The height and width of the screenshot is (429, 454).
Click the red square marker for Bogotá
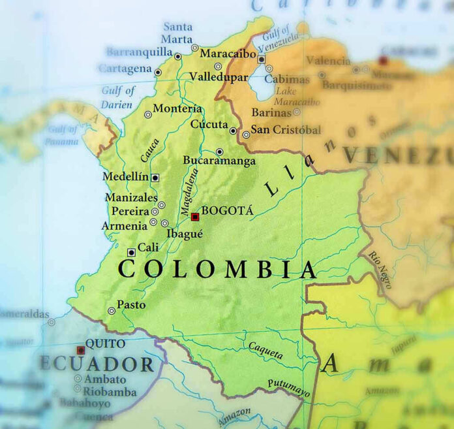194,217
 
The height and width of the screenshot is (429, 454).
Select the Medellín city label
126,177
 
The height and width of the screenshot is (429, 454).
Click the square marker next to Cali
131,252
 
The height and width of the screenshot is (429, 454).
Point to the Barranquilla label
139,52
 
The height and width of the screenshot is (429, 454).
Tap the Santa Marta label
177,33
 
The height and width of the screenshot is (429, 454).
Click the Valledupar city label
219,77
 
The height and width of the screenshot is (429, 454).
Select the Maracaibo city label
228,54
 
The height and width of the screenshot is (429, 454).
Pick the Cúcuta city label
209,124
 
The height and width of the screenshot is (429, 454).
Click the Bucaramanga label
219,160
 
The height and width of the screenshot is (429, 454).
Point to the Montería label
177,108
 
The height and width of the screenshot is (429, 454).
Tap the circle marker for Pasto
112,311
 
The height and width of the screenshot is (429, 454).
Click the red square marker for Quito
81,350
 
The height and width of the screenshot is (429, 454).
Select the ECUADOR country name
97,364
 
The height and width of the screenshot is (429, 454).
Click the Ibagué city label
185,234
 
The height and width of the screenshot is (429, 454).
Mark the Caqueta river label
265,351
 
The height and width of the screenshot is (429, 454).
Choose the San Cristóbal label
286,130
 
